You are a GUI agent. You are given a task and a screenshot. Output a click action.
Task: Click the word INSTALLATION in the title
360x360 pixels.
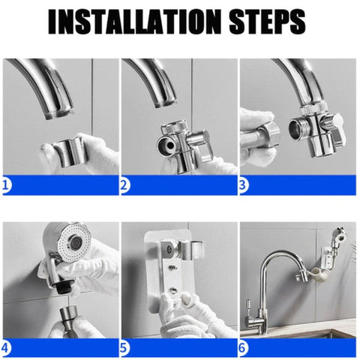(135, 22)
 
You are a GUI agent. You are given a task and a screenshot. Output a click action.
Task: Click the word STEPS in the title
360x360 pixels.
(267, 22)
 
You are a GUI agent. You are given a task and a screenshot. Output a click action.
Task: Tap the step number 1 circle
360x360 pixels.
(6, 185)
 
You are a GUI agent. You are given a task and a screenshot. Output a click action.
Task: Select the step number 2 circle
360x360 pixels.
(125, 185)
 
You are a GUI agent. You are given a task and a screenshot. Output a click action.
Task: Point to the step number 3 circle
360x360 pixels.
(244, 185)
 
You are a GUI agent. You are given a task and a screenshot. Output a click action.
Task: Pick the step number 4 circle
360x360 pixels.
(6, 348)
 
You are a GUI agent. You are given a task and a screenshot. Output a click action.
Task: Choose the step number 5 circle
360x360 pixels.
(125, 348)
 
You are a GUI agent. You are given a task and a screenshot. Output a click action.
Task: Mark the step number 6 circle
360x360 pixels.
(244, 348)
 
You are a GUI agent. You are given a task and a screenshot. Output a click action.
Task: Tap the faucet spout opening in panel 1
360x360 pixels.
(59, 114)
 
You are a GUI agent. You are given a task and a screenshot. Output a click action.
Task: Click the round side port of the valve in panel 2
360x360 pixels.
(166, 145)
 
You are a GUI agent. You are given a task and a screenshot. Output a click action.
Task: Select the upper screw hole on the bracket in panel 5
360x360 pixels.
(172, 268)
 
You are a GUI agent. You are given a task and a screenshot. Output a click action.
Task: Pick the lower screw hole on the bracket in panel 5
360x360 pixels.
(173, 290)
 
